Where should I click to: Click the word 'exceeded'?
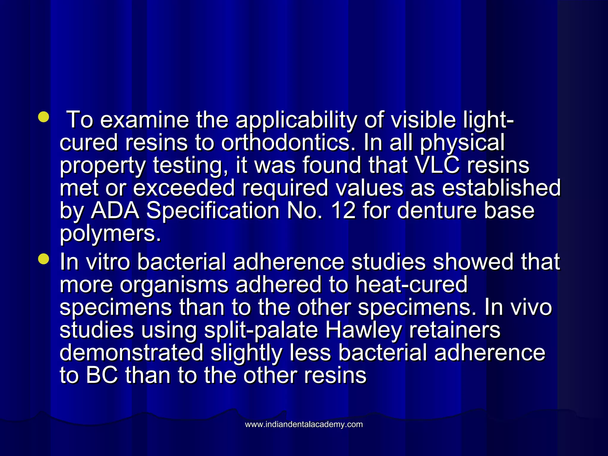click(x=184, y=188)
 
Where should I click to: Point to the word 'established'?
click(x=501, y=188)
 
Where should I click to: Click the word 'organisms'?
click(x=174, y=285)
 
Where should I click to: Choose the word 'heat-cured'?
click(x=411, y=285)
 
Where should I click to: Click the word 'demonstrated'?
click(x=132, y=352)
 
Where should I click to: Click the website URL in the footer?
click(x=304, y=424)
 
